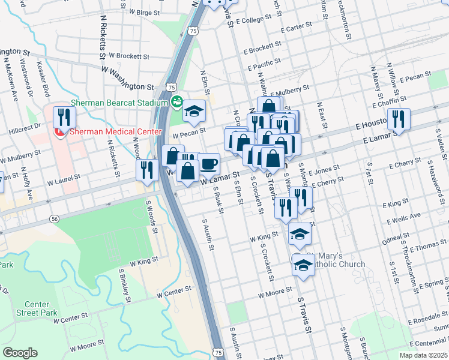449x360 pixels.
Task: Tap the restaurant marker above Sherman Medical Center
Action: click(x=62, y=117)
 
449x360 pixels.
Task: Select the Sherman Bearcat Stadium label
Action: click(x=119, y=103)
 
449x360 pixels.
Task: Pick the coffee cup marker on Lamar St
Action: click(x=208, y=164)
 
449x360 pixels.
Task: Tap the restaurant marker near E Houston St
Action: click(x=397, y=119)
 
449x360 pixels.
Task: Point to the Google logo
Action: click(x=20, y=352)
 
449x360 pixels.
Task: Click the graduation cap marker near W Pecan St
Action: click(x=194, y=110)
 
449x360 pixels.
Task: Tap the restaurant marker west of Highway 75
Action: click(x=146, y=169)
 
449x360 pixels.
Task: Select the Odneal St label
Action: click(x=395, y=238)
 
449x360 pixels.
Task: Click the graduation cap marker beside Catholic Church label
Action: click(x=304, y=265)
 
